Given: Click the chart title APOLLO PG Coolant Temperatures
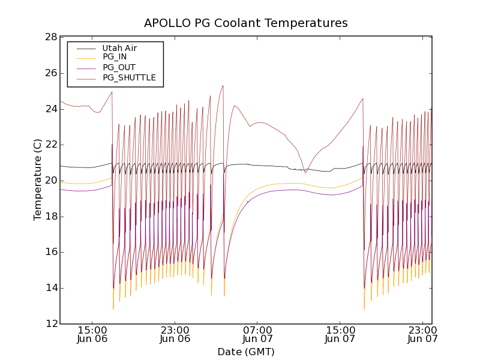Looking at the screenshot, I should coord(245,23).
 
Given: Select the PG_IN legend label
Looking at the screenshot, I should coord(115,57).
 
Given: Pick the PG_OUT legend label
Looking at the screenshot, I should coord(119,67).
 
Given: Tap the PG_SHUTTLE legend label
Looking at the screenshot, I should coord(129,77).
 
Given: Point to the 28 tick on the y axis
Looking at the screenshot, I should coord(50,37).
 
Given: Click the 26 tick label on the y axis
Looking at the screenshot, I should coord(50,73).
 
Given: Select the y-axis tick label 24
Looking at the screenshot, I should coord(50,109).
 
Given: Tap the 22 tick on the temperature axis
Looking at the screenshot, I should coord(50,145).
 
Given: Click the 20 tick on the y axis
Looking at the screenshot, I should coord(50,181).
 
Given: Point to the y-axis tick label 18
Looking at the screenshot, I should coord(50,217).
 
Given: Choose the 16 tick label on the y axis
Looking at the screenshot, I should coord(50,252).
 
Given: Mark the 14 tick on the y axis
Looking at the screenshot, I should coord(50,288).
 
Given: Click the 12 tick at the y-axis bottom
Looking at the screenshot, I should coord(50,324).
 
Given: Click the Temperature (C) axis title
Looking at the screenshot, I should coord(38,180).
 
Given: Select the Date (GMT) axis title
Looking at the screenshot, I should coord(245,352).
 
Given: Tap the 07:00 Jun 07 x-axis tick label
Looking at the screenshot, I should coord(257,334).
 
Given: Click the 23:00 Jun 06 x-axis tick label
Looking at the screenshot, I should coord(175,334).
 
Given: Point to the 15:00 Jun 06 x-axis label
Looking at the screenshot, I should coord(92,334).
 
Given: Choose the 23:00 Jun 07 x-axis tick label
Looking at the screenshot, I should coord(423,334).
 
